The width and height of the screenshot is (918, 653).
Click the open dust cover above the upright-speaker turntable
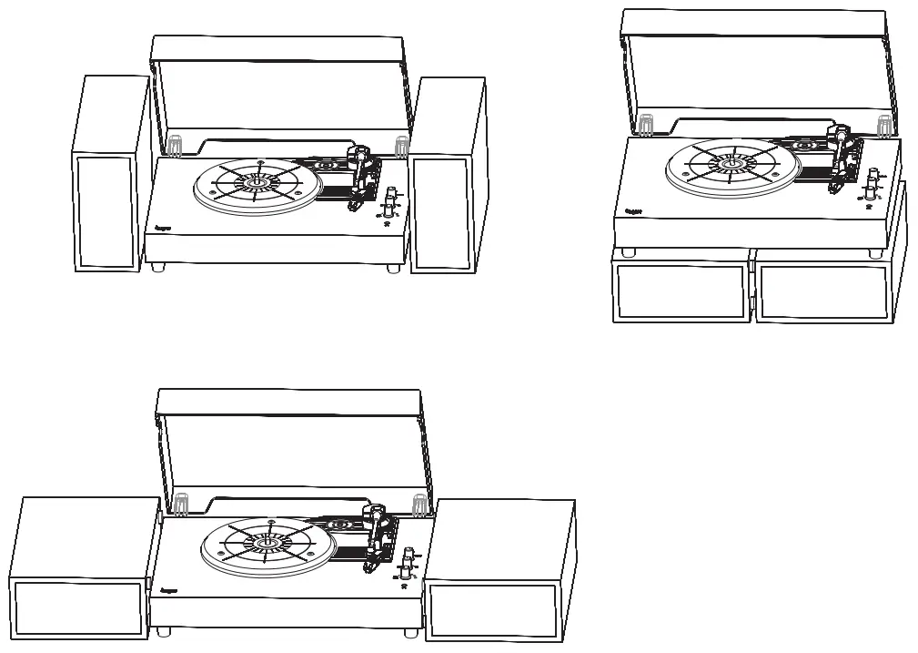(277, 87)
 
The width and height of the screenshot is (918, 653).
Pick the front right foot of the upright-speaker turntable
(392, 268)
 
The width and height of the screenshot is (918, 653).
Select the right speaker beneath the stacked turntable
(822, 291)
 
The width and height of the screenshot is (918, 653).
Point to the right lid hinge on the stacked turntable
(882, 125)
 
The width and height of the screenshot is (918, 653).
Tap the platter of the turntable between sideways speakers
(266, 546)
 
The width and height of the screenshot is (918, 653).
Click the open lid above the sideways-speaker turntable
(289, 446)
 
